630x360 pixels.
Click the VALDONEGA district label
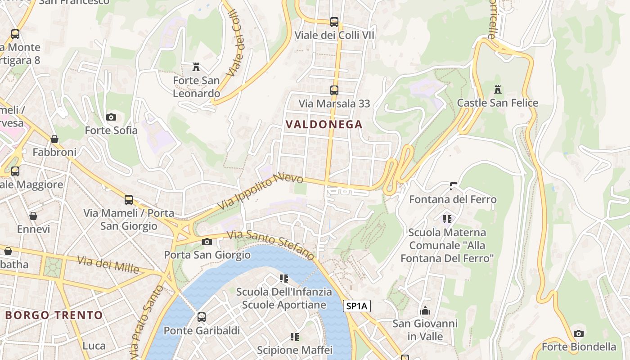tap(324, 124)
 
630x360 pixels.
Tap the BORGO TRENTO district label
tap(54, 315)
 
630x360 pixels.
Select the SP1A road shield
tap(356, 306)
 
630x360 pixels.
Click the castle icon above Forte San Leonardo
tap(196, 67)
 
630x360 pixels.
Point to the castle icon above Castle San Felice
tap(497, 89)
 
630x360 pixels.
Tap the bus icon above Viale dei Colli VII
tap(334, 22)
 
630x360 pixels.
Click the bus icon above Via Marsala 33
tap(334, 90)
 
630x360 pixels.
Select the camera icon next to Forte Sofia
tap(111, 117)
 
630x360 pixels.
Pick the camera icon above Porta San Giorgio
tap(207, 242)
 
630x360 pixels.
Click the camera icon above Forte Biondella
tap(579, 333)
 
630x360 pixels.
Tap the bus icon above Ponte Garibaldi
tap(202, 317)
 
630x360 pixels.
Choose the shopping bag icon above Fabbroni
tap(54, 139)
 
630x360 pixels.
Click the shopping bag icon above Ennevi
tap(33, 216)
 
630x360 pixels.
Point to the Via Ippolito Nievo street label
tap(260, 192)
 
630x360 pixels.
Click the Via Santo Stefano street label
tap(270, 244)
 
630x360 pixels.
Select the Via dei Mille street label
tap(108, 264)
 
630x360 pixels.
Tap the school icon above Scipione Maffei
tap(294, 337)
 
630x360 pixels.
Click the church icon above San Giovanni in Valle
tap(425, 310)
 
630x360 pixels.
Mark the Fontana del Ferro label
tap(453, 199)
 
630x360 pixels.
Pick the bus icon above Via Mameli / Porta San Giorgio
tap(129, 199)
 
